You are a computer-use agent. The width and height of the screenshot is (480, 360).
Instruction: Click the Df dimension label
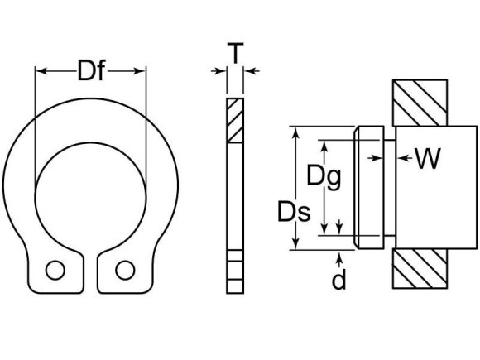(91, 73)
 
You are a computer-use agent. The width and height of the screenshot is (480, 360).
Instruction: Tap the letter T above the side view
(236, 54)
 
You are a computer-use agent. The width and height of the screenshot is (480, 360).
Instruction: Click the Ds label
(295, 213)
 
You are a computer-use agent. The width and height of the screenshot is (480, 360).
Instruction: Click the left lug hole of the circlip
(55, 270)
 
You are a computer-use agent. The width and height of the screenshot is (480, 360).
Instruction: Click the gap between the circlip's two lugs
(89, 263)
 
